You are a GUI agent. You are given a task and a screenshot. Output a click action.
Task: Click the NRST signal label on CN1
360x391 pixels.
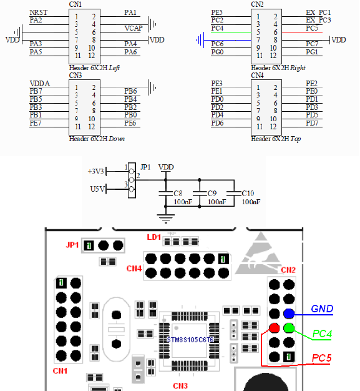[38, 12]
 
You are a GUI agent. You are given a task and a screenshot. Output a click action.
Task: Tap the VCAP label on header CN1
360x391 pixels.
[134, 28]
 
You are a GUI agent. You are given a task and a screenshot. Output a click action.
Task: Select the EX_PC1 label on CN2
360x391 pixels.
[318, 12]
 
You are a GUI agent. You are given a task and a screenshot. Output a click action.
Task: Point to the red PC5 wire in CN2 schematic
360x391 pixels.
[302, 32]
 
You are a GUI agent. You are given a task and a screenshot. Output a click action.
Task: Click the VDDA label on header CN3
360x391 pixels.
[39, 84]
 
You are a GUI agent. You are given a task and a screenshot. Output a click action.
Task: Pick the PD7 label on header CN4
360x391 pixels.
[312, 123]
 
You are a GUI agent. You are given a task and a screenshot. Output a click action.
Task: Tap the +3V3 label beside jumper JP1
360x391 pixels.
[95, 171]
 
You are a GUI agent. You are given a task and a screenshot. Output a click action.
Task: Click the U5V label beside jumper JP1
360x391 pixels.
[97, 189]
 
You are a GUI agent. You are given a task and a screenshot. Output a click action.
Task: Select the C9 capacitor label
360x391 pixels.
[212, 194]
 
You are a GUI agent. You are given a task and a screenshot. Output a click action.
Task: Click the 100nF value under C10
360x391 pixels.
[251, 202]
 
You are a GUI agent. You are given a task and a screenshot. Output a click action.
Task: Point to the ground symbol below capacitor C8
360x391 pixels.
[166, 218]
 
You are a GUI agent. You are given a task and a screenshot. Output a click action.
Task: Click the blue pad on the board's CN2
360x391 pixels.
[289, 314]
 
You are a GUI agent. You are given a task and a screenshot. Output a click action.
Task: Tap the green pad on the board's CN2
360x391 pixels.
[289, 328]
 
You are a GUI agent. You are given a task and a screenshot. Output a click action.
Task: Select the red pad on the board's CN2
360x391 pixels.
[275, 328]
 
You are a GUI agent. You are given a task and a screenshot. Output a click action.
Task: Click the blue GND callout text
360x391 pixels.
[322, 309]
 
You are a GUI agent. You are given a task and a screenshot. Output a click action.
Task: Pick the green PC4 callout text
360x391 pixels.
[322, 334]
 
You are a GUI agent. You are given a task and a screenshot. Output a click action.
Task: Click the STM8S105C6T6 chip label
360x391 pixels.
[190, 340]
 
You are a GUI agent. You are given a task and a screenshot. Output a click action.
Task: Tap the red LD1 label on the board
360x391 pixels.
[153, 237]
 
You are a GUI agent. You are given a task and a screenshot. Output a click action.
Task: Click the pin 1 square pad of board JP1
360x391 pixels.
[89, 245]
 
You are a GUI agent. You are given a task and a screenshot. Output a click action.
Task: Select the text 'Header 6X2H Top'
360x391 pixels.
[276, 139]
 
